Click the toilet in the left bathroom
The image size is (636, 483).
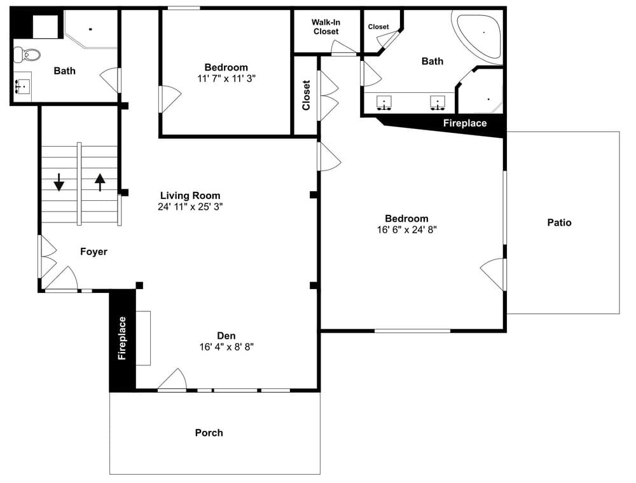(27, 54)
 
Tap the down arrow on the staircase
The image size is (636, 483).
(59, 182)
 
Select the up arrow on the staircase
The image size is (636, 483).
(100, 182)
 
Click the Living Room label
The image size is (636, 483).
(190, 196)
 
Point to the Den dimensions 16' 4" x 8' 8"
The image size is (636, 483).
(226, 347)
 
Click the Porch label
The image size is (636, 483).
(209, 433)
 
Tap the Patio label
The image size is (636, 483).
(559, 222)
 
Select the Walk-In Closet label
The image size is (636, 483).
(326, 27)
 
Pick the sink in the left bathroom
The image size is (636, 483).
(23, 86)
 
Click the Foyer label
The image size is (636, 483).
(93, 252)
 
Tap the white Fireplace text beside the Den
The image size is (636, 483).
(122, 338)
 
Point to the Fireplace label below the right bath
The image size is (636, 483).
(465, 123)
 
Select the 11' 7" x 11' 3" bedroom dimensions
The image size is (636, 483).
(226, 79)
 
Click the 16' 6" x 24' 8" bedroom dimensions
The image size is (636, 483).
(407, 230)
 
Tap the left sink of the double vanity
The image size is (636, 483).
(384, 103)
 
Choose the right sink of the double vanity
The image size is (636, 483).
(438, 103)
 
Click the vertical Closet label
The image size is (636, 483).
(307, 95)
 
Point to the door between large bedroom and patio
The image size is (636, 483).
(494, 275)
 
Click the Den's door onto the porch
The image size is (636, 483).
(172, 379)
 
